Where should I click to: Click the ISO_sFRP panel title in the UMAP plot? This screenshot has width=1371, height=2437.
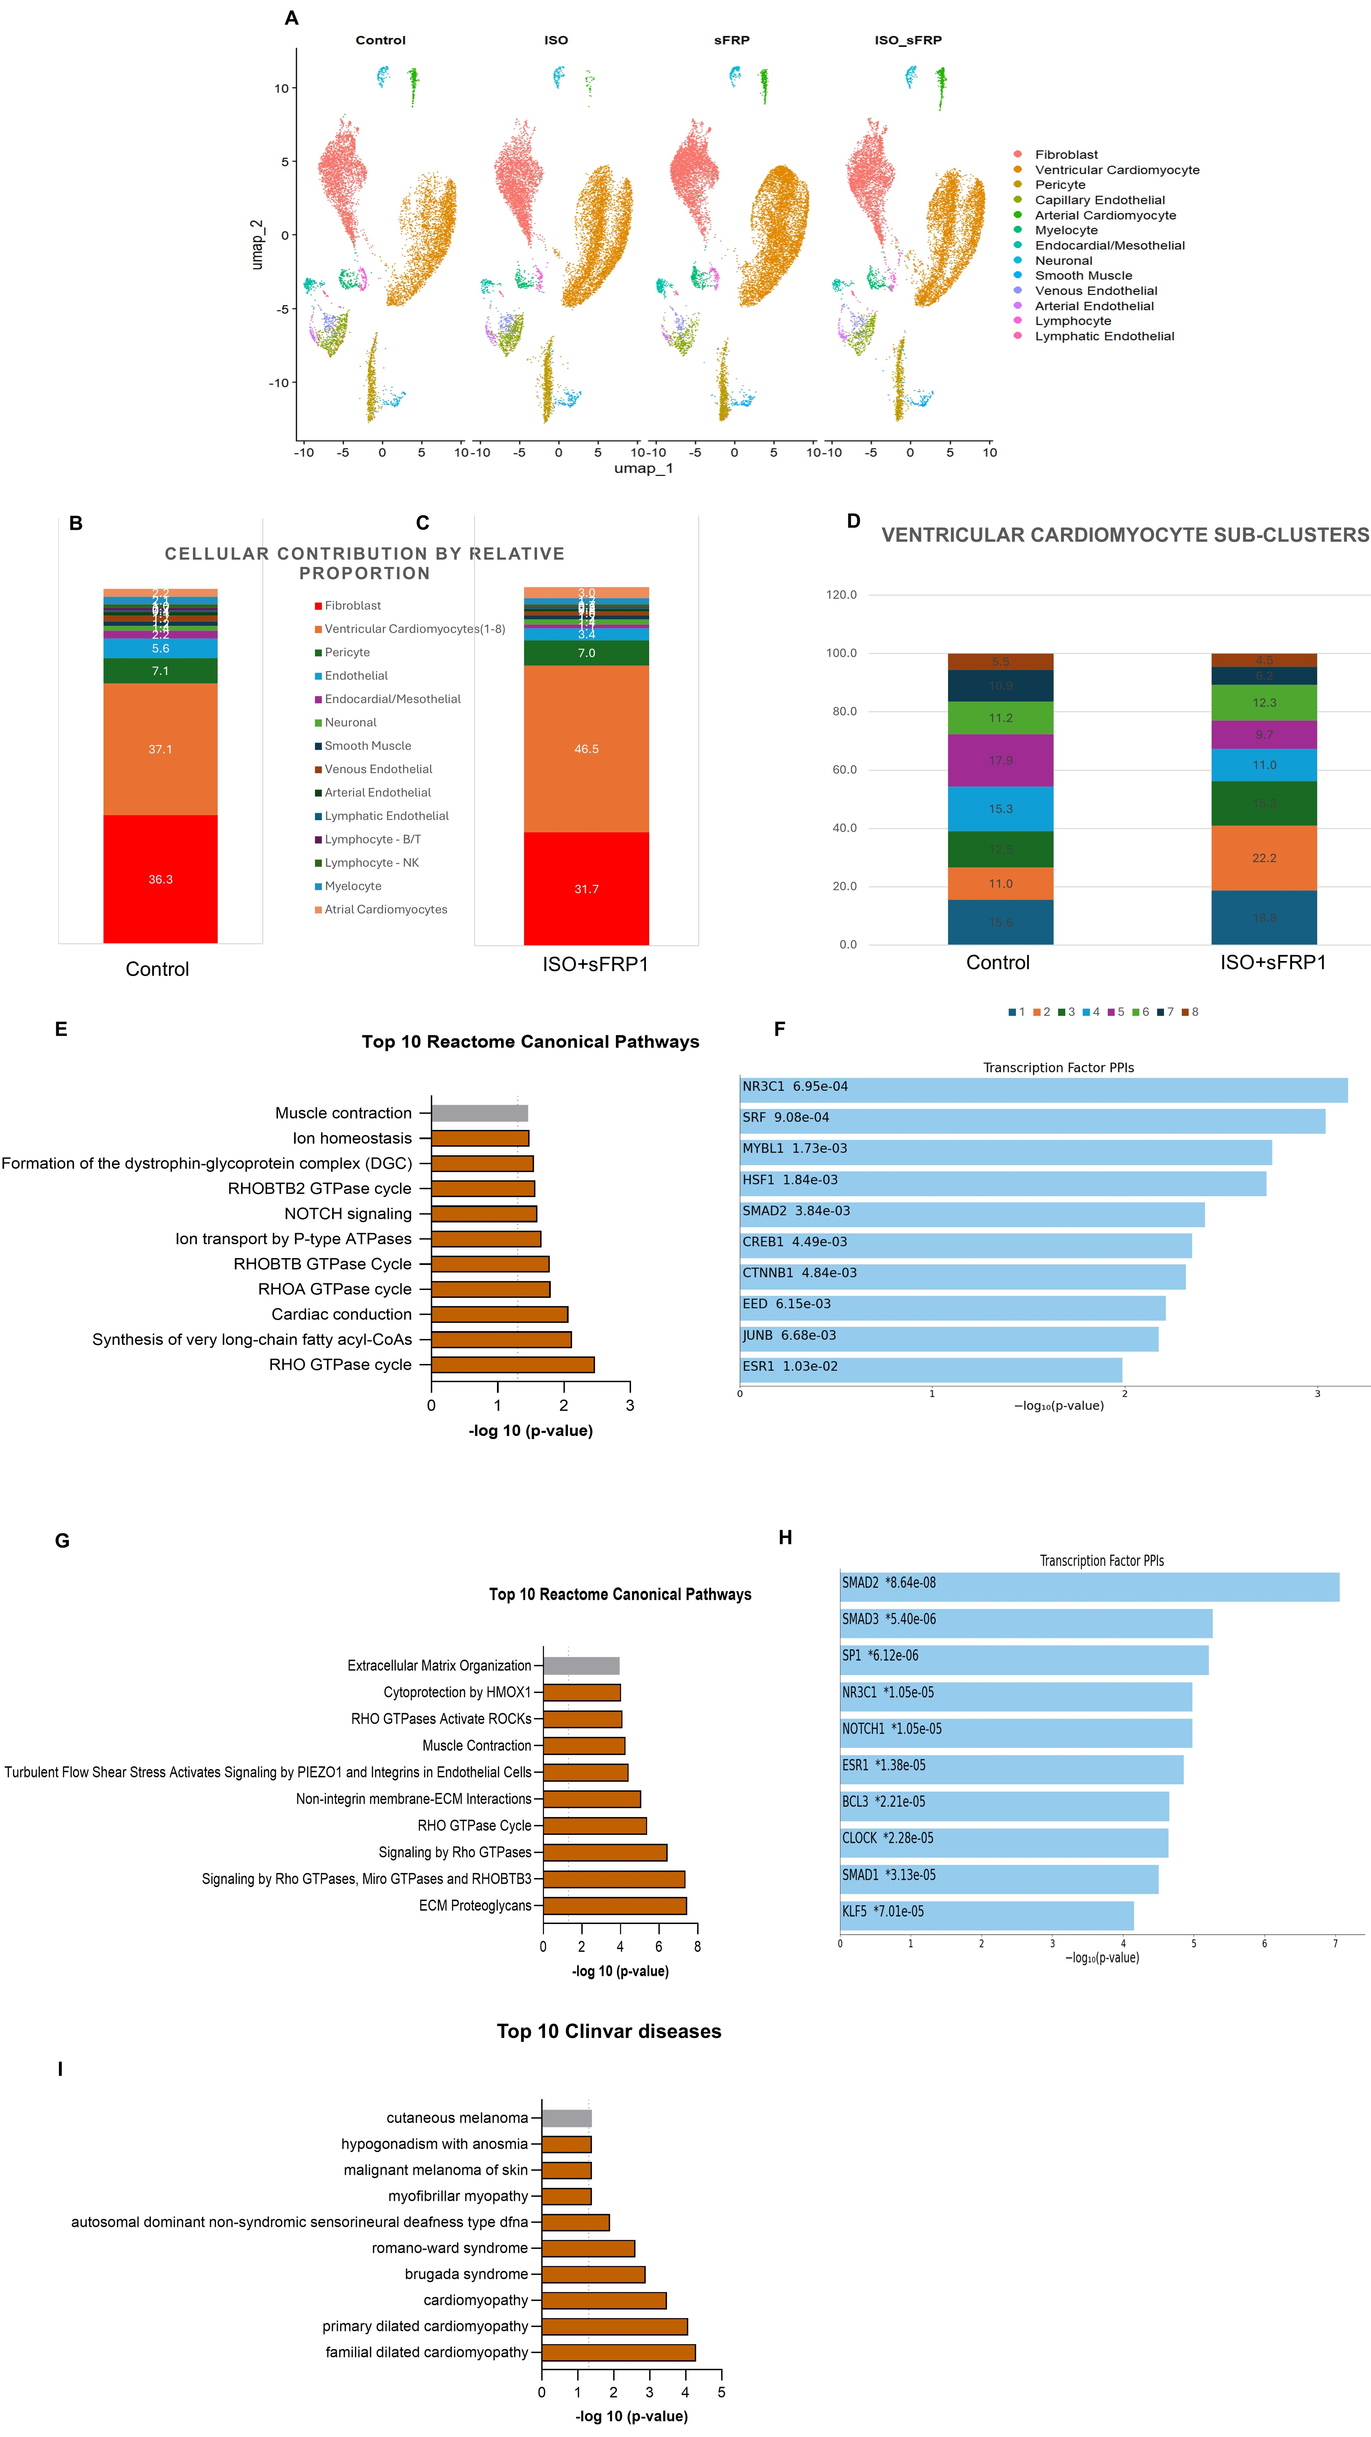[x=907, y=40]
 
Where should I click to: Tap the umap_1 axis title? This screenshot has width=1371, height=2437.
[x=643, y=468]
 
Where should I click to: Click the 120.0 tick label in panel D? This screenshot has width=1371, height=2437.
[x=841, y=595]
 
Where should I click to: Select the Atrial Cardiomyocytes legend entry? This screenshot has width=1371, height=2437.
[x=385, y=909]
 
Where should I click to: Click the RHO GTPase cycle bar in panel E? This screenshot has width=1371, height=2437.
[x=513, y=1364]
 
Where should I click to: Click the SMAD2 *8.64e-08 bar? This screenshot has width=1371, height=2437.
[x=1089, y=1586]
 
